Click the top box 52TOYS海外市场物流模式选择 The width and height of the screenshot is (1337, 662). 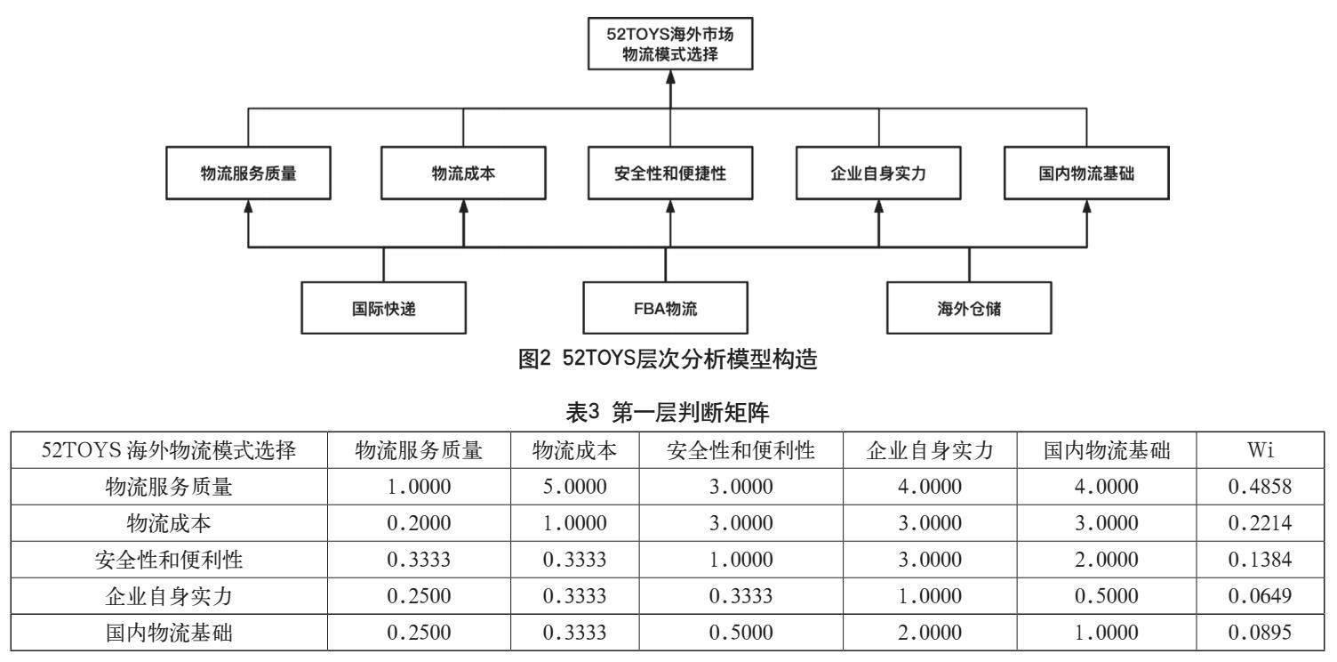pyautogui.click(x=669, y=44)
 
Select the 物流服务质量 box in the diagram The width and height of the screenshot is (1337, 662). pyautogui.click(x=248, y=174)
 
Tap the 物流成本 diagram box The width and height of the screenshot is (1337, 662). pyautogui.click(x=463, y=174)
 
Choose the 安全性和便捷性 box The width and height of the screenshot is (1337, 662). pyautogui.click(x=669, y=174)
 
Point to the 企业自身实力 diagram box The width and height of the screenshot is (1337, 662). pyautogui.click(x=878, y=174)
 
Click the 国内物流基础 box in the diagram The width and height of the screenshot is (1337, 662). pyautogui.click(x=1086, y=174)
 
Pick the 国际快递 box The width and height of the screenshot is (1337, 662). pyautogui.click(x=383, y=308)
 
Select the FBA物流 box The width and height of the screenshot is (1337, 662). pyautogui.click(x=665, y=308)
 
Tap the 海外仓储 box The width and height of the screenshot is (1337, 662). pyautogui.click(x=969, y=308)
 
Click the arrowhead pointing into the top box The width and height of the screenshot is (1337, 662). pyautogui.click(x=670, y=77)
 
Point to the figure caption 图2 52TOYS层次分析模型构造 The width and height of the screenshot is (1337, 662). pyautogui.click(x=668, y=359)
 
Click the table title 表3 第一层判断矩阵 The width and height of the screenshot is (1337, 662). pyautogui.click(x=667, y=412)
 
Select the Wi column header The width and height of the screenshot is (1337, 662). pyautogui.click(x=1260, y=450)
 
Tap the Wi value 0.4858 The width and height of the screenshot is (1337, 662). pyautogui.click(x=1260, y=487)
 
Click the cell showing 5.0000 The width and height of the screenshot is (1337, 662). pyautogui.click(x=575, y=487)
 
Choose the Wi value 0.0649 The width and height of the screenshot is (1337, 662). pyautogui.click(x=1260, y=595)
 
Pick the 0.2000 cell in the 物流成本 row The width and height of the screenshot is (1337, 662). pyautogui.click(x=419, y=523)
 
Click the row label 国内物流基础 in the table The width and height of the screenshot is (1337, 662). pyautogui.click(x=169, y=633)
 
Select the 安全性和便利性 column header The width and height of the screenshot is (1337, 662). pyautogui.click(x=741, y=450)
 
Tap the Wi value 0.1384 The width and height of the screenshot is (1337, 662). pyautogui.click(x=1260, y=560)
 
